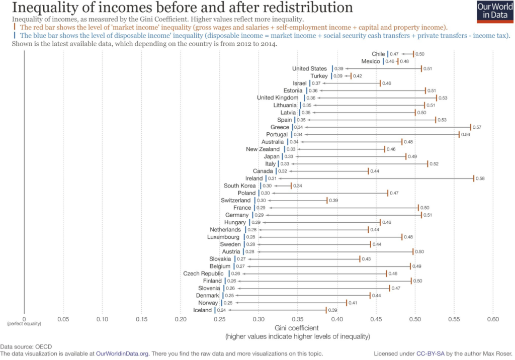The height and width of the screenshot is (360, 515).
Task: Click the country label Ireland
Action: [x=254, y=178]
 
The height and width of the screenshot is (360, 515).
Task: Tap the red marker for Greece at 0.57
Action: [x=470, y=127]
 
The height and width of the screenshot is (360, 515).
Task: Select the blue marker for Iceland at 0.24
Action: [x=215, y=310]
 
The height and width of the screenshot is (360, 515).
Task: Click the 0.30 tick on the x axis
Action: [x=259, y=319]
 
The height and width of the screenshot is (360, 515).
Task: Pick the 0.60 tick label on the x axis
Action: [x=493, y=319]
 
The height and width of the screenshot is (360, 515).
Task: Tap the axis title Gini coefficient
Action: [x=297, y=328]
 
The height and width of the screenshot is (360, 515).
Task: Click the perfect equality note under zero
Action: [x=24, y=324]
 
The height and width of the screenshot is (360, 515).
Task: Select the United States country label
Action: [x=309, y=68]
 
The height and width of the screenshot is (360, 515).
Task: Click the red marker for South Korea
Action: [x=291, y=186]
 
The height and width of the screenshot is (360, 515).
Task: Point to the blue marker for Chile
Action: [x=387, y=54]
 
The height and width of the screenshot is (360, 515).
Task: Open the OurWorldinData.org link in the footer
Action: [x=123, y=353]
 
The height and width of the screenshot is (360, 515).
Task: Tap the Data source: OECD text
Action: [x=26, y=346]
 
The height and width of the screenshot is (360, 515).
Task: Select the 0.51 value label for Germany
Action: [x=429, y=215]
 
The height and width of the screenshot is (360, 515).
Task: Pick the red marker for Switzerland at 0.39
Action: [x=327, y=201]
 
